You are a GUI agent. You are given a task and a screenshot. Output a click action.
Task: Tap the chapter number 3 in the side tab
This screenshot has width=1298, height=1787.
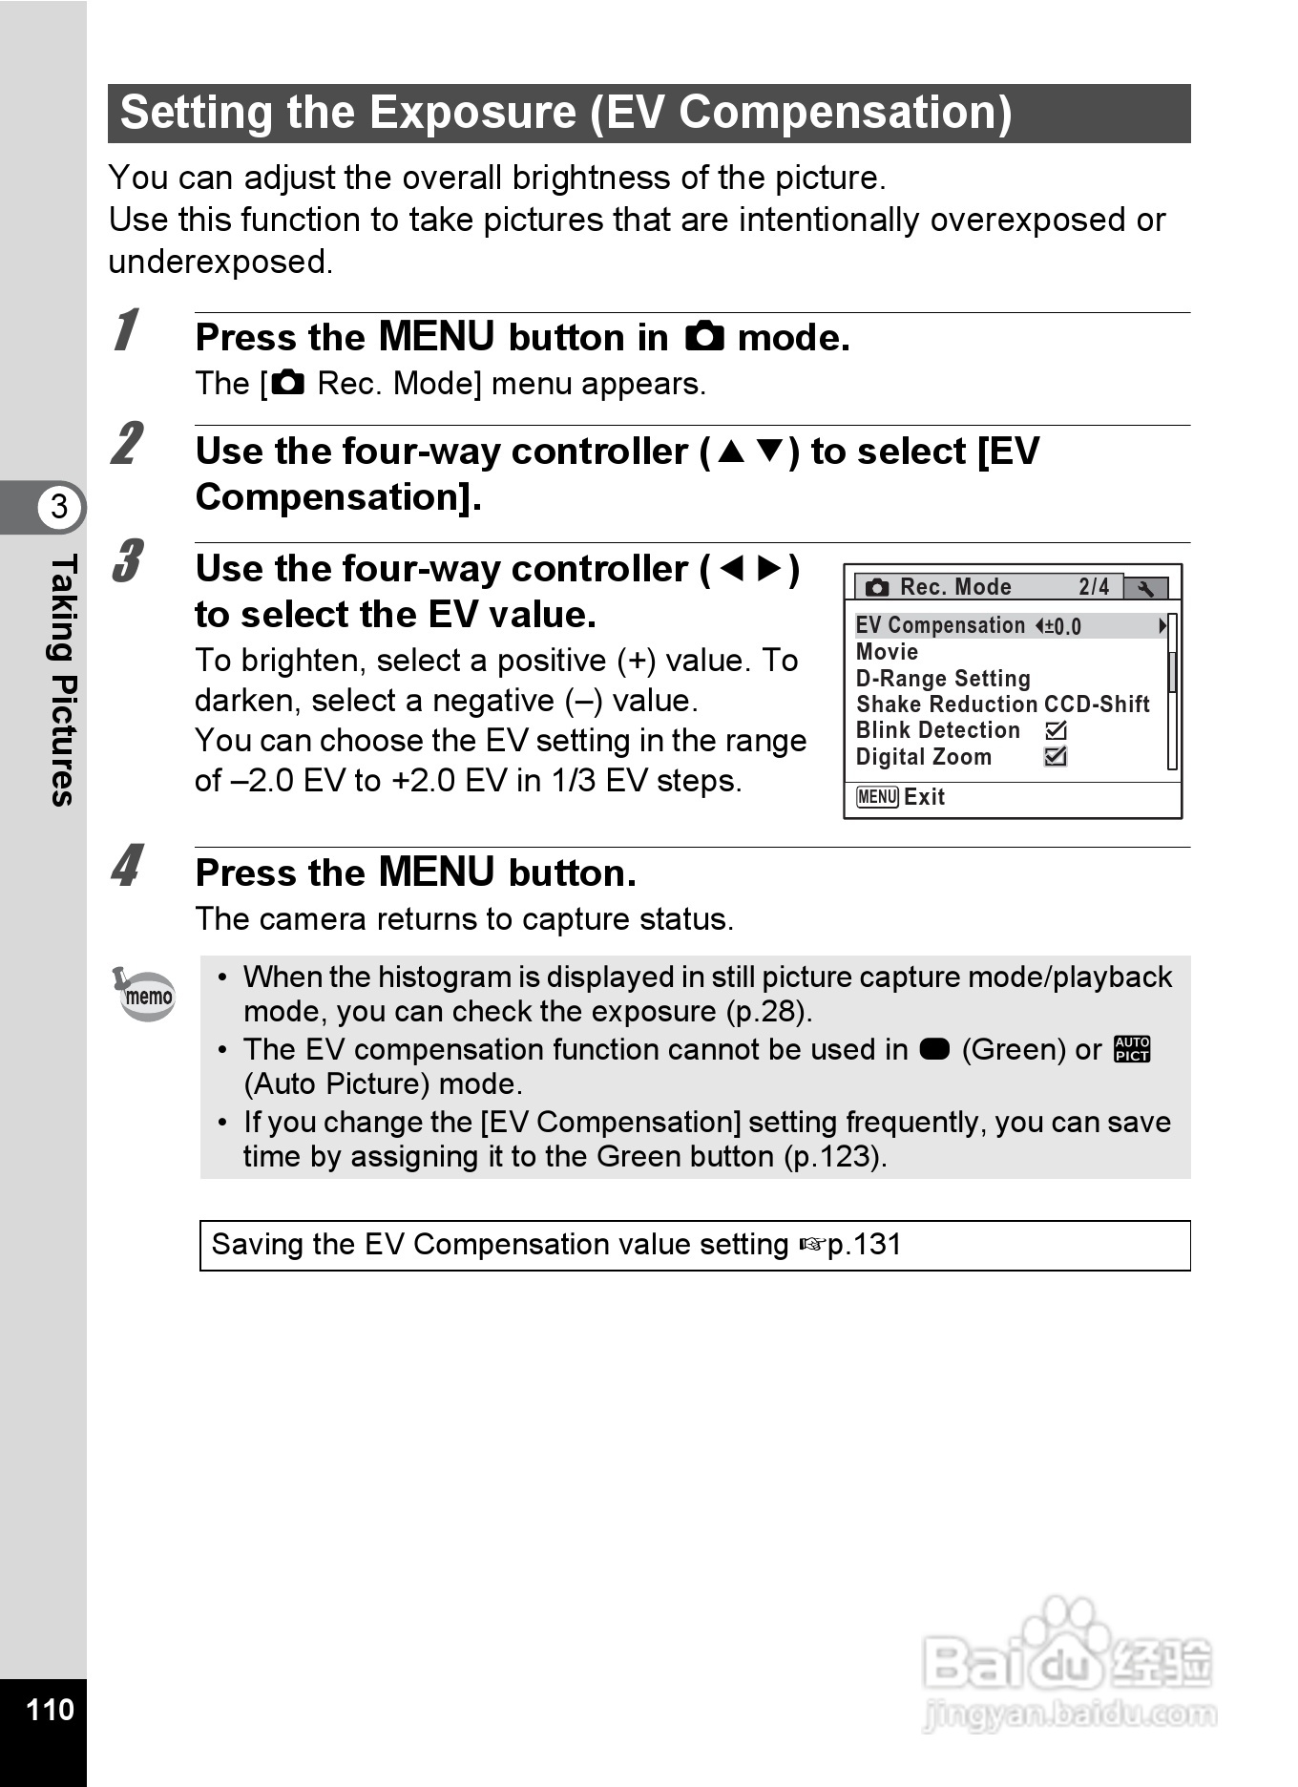point(59,507)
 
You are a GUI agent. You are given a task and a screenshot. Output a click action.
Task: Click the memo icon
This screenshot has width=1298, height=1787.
point(145,995)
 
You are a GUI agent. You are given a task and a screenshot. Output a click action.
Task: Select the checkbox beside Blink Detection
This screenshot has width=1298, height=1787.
point(1056,730)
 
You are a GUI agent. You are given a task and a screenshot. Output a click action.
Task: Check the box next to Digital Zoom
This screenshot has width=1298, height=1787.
point(1056,756)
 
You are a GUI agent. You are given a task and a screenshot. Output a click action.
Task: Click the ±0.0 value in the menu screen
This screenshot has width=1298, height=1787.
point(1062,626)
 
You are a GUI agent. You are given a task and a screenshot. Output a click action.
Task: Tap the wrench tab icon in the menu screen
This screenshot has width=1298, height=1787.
point(1145,588)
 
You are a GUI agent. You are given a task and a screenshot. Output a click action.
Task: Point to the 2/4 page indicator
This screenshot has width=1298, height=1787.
point(1094,587)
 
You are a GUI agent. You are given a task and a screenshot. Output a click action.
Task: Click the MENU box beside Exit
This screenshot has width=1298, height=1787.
point(877,797)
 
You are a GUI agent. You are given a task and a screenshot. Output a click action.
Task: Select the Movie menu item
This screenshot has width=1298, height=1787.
point(887,652)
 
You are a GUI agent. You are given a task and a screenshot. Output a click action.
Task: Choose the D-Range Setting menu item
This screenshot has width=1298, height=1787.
point(943,679)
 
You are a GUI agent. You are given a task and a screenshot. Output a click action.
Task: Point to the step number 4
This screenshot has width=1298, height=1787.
point(126,866)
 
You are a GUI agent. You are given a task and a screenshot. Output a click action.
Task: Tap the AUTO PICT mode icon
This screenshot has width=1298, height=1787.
point(1132,1049)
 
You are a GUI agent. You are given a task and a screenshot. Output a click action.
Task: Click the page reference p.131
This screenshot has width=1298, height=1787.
point(864,1245)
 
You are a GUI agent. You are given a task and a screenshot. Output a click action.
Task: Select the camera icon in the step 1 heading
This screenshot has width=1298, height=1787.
point(704,337)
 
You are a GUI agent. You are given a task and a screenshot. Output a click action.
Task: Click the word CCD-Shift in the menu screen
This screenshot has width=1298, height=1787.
point(1097,704)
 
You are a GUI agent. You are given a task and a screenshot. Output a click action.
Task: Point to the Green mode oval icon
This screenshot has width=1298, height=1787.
point(934,1049)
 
